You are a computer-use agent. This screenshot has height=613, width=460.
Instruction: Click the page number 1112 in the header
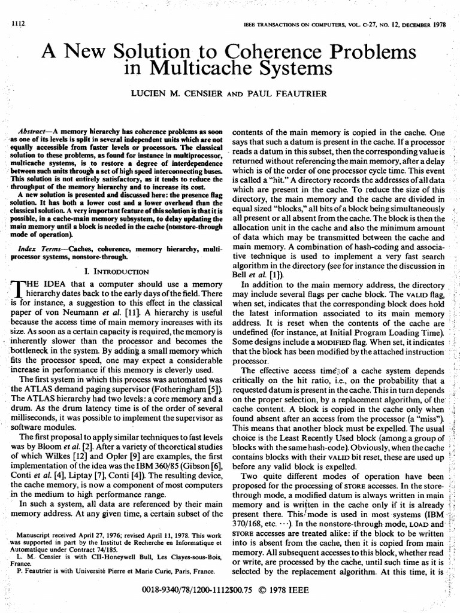[20, 23]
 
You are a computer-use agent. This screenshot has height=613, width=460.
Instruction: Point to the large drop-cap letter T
[20, 290]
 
